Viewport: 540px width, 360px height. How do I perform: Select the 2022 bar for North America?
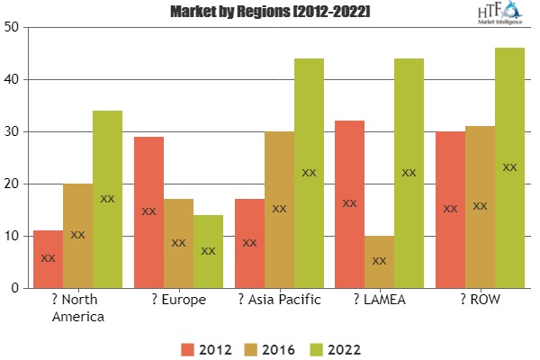click(107, 200)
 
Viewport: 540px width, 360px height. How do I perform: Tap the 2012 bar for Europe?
click(148, 212)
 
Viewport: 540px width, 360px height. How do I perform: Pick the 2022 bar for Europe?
click(208, 251)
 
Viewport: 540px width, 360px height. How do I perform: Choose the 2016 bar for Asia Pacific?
click(279, 210)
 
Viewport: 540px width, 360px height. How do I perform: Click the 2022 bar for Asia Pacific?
click(309, 174)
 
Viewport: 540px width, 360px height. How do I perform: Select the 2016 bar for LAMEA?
click(379, 262)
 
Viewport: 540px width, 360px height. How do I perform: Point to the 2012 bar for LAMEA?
click(349, 204)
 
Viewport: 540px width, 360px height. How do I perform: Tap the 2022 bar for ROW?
click(509, 168)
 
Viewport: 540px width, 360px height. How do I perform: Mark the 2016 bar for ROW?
click(480, 207)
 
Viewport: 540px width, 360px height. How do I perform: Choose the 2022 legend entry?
click(335, 347)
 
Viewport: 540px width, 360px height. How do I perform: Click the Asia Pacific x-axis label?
click(279, 300)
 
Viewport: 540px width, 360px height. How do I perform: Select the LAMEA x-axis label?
click(379, 300)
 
